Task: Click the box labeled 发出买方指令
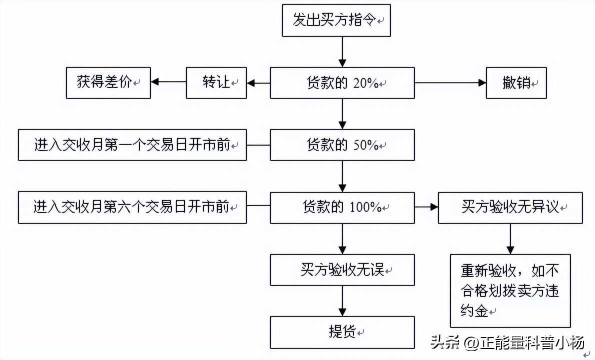pyautogui.click(x=336, y=20)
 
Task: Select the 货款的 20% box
pyautogui.click(x=342, y=83)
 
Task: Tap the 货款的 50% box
pyautogui.click(x=342, y=145)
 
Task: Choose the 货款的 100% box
pyautogui.click(x=342, y=207)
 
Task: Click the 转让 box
pyautogui.click(x=216, y=83)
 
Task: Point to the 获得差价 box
pyautogui.click(x=108, y=83)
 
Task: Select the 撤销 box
pyautogui.click(x=516, y=83)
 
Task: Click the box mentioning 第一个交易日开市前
pyautogui.click(x=132, y=145)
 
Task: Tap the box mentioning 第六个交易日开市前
pyautogui.click(x=132, y=207)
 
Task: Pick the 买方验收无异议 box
pyautogui.click(x=510, y=207)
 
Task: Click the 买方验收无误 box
pyautogui.click(x=342, y=270)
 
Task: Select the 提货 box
pyautogui.click(x=342, y=332)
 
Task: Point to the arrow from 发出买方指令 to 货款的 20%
pyautogui.click(x=342, y=52)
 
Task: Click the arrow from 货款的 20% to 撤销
pyautogui.click(x=450, y=83)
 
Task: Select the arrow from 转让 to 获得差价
pyautogui.click(x=168, y=83)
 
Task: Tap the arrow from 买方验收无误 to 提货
pyautogui.click(x=342, y=301)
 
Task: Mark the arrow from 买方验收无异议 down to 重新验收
pyautogui.click(x=510, y=239)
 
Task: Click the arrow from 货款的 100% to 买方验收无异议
pyautogui.click(x=426, y=206)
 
